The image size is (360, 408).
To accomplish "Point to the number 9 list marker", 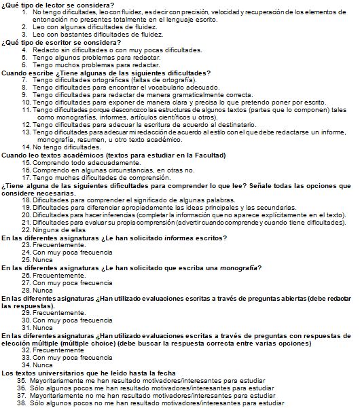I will (x=25, y=94).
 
